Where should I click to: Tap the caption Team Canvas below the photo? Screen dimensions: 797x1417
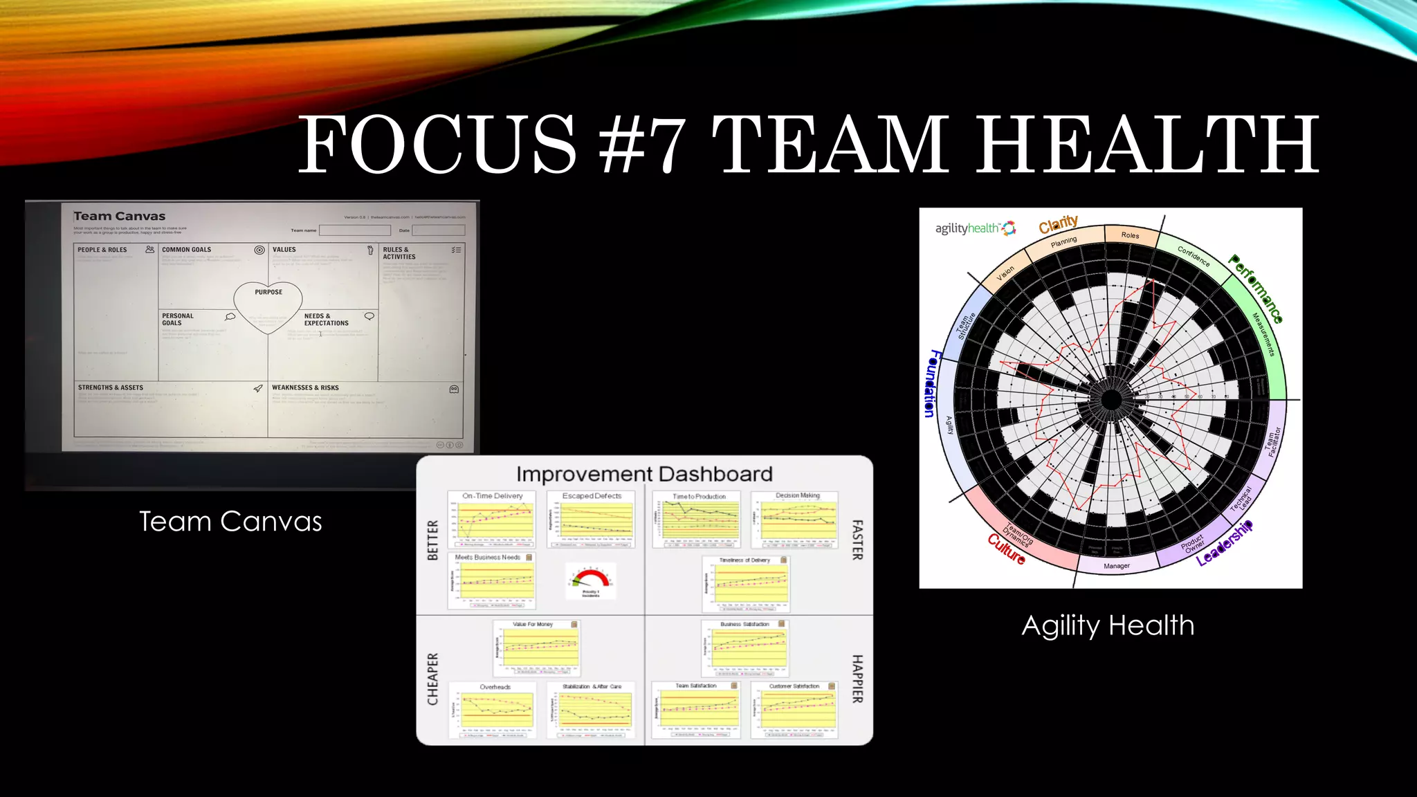230,522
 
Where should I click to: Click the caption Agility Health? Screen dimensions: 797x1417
1108,625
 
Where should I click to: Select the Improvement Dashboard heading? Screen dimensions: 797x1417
644,474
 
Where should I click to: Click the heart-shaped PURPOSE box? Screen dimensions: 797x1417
268,304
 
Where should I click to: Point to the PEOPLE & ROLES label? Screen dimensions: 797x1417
102,250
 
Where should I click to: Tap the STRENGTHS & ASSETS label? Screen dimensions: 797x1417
111,387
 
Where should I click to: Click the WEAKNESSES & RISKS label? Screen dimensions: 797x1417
305,387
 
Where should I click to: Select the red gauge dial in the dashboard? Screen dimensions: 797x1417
590,579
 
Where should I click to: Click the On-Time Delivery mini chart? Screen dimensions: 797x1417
493,520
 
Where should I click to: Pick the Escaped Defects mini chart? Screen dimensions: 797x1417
592,520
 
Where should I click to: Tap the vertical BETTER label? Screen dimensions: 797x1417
433,540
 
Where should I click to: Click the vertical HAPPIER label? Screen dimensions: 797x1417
857,679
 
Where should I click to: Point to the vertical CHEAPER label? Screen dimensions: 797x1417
433,679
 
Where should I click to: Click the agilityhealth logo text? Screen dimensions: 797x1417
967,228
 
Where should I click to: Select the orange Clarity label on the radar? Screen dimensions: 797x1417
1058,224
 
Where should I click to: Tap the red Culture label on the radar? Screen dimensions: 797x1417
1006,549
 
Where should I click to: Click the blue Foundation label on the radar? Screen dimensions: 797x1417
931,383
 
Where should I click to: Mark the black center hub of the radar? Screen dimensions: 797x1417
1110,399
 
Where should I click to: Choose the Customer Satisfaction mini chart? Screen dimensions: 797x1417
794,711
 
